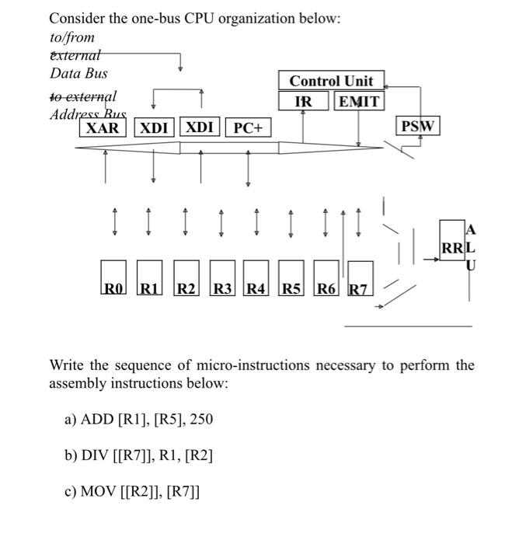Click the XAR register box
click(102, 127)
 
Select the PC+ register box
click(248, 127)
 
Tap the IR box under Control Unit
click(304, 101)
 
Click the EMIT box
click(358, 101)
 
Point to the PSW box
click(419, 126)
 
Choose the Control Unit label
click(331, 81)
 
